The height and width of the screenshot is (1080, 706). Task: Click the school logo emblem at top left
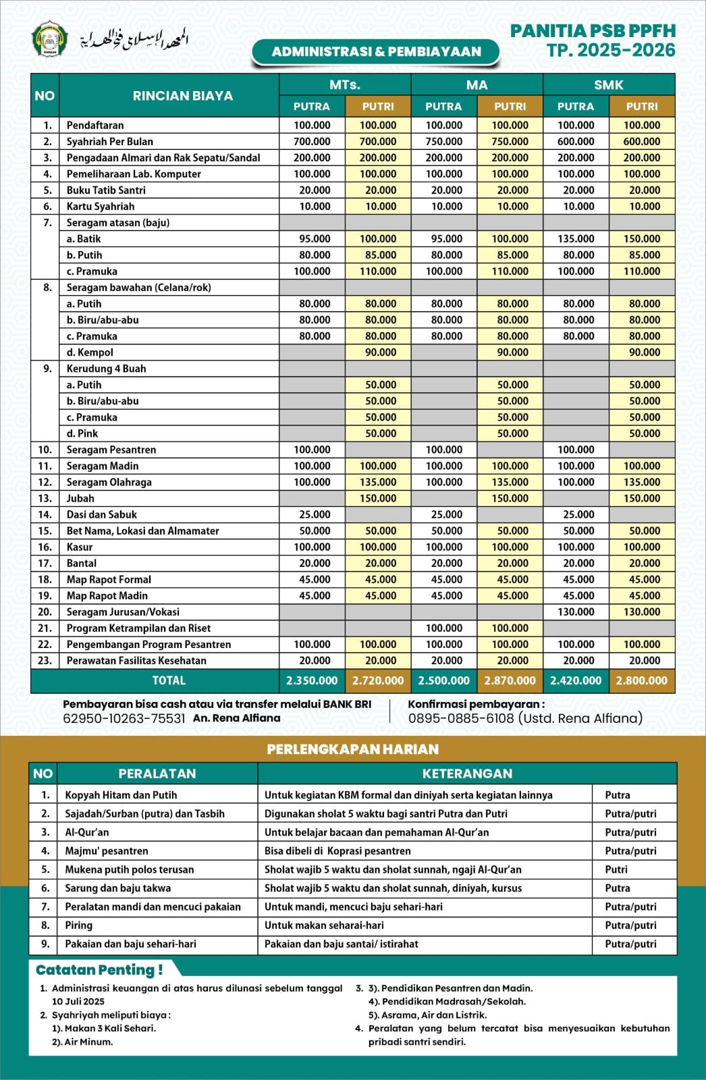coord(50,40)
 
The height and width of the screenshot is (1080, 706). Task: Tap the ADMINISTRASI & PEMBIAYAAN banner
coord(376,52)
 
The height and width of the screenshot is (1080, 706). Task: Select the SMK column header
coord(608,85)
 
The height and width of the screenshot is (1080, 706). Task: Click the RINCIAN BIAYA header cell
coord(182,96)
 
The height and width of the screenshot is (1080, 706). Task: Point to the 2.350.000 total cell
coord(312,680)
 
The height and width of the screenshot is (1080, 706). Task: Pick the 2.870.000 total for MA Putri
coord(510,680)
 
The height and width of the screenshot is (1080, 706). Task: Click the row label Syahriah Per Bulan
coord(109,142)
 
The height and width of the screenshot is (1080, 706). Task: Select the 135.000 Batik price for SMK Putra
coord(576,239)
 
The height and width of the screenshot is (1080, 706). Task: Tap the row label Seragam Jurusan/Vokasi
coord(123,612)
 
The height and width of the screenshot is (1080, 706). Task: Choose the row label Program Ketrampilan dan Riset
coord(138,628)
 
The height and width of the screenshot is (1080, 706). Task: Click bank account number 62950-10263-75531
coord(124,719)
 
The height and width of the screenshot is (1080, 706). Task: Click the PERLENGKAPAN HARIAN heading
coord(352,749)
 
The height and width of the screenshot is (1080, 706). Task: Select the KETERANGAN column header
coord(467,774)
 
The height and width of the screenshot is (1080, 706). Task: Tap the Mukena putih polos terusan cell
coord(129,870)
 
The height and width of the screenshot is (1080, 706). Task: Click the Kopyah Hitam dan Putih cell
coord(121,795)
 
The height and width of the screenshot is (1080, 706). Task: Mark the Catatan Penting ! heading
coord(99,970)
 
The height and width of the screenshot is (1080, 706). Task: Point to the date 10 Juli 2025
coord(78,1002)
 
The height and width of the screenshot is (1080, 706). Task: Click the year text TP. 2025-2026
coord(611,51)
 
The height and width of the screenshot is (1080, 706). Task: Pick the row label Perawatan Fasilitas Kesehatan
coord(136,661)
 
